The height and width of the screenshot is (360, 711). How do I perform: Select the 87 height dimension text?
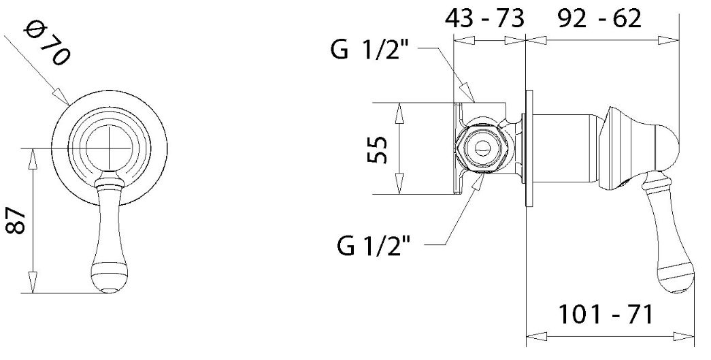[17, 220]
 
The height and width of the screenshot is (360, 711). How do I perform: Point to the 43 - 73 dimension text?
[484, 19]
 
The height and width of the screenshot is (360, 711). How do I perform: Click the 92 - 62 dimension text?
[599, 19]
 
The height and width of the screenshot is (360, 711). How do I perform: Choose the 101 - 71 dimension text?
[606, 314]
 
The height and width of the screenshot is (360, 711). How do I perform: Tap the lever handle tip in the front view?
[108, 290]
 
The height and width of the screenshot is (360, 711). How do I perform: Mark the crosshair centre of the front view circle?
[109, 148]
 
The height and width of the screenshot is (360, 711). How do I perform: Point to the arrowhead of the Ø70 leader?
[61, 97]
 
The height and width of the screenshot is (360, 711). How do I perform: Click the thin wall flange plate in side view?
[529, 149]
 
